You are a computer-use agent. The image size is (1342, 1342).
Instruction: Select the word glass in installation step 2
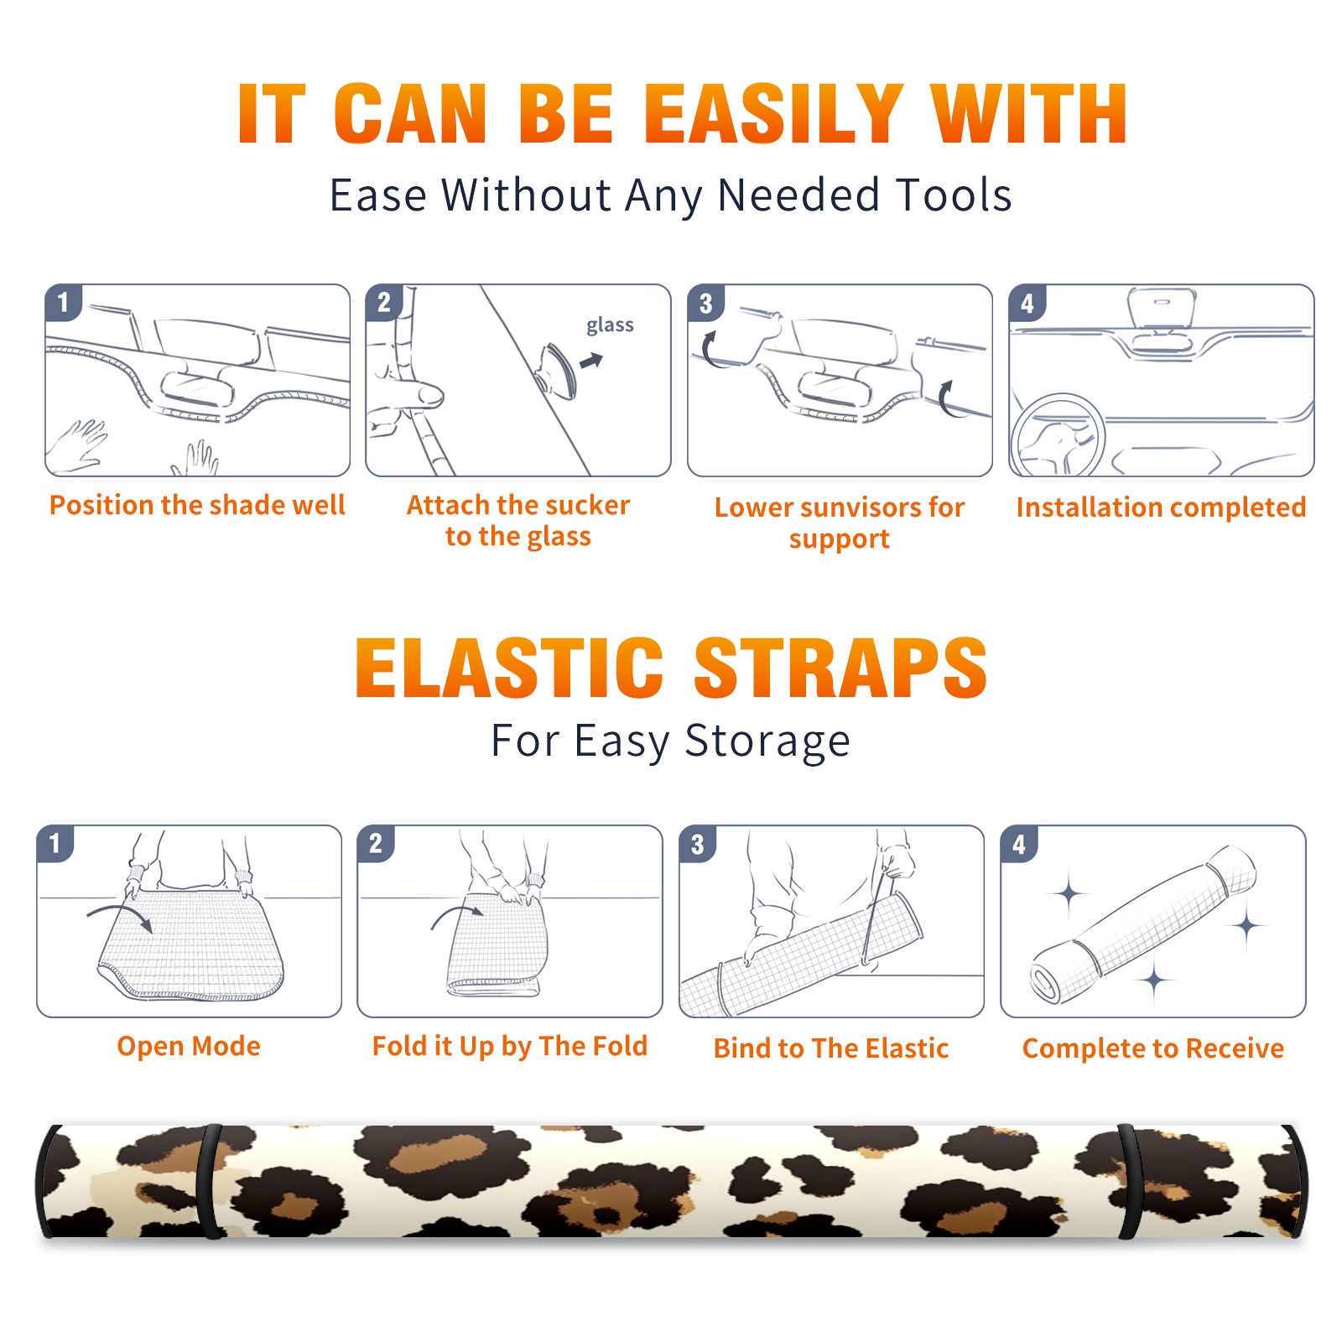click(x=610, y=325)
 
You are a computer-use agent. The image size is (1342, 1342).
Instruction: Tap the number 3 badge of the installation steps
click(x=705, y=303)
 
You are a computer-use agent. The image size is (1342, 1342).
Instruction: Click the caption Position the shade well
click(x=197, y=505)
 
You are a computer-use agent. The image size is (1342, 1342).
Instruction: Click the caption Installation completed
click(x=1161, y=507)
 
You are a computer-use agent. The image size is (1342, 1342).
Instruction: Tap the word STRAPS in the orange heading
click(x=840, y=668)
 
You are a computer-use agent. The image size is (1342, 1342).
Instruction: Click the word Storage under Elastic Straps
click(x=767, y=741)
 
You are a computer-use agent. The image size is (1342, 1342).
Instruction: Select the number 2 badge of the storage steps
click(x=376, y=843)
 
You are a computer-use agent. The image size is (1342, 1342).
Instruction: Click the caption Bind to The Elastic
click(x=830, y=1048)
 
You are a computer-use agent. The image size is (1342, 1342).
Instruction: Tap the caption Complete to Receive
click(x=1152, y=1048)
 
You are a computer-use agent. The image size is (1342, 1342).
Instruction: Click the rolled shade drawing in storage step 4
click(x=1142, y=923)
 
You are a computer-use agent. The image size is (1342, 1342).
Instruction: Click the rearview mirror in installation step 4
click(x=1161, y=308)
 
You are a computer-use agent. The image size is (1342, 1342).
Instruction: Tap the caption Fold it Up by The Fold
click(x=510, y=1046)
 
